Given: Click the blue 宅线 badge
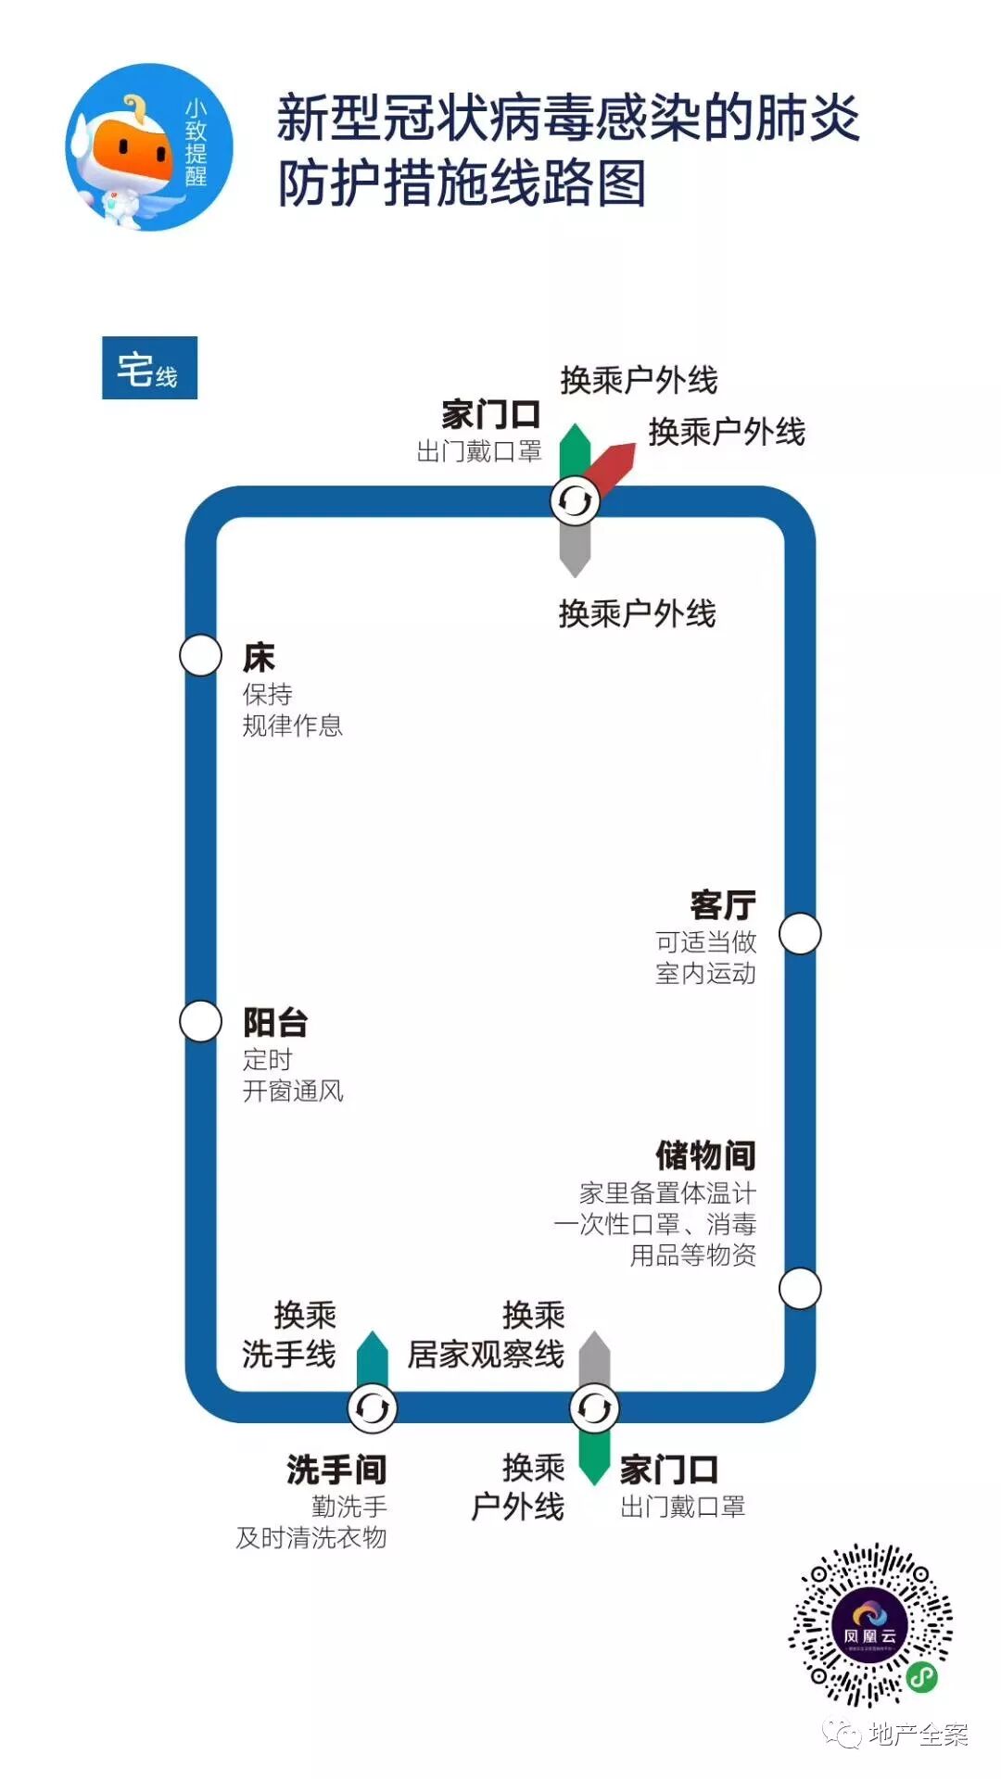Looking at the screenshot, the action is click(x=149, y=368).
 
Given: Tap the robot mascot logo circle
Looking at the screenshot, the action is click(x=149, y=147).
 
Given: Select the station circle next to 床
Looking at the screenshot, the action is click(x=200, y=656).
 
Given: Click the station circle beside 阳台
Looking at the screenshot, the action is click(x=200, y=1021).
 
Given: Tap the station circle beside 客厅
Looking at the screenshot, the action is click(x=800, y=933).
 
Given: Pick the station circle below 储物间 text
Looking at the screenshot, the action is click(x=800, y=1288).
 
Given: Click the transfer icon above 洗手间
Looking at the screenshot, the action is click(x=372, y=1408).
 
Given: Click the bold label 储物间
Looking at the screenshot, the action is click(x=705, y=1155).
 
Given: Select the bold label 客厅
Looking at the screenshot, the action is click(x=723, y=905).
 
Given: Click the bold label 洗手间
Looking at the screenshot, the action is click(x=336, y=1470).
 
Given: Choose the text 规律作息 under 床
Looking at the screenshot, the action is click(x=293, y=725).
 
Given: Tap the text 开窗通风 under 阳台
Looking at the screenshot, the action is click(x=293, y=1091).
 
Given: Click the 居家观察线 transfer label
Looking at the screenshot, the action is click(x=486, y=1355).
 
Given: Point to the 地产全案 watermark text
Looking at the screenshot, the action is click(x=918, y=1735).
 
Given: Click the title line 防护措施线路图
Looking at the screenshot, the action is click(x=462, y=183).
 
